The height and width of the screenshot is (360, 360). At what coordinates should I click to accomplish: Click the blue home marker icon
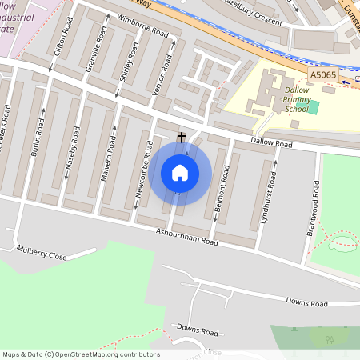[180, 172]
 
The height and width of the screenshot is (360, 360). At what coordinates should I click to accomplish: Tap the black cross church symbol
[182, 138]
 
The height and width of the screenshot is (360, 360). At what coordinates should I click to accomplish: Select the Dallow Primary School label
[297, 100]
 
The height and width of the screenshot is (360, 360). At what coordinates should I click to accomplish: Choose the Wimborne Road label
[142, 25]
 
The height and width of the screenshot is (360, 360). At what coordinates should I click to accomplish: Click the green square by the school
[314, 107]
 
